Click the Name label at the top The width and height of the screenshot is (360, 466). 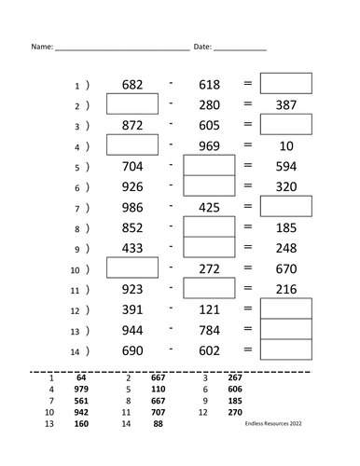point(40,46)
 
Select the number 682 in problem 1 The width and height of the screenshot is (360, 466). point(132,86)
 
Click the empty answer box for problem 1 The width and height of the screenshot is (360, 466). point(285,85)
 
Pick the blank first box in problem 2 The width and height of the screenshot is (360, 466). point(132,104)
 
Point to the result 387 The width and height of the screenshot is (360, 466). point(285,105)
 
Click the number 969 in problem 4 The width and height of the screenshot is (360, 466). point(209,146)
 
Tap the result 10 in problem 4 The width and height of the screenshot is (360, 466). point(285,146)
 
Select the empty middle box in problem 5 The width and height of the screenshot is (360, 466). point(209,167)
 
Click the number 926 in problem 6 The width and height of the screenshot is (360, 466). point(132,186)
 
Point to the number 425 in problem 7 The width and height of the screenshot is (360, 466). point(209,208)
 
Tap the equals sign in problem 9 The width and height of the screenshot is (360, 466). point(248,248)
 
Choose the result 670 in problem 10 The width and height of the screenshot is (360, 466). point(285,268)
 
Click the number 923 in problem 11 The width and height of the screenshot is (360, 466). point(132,289)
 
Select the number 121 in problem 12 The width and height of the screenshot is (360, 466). point(209,309)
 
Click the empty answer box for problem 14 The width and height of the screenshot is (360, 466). point(285,349)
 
